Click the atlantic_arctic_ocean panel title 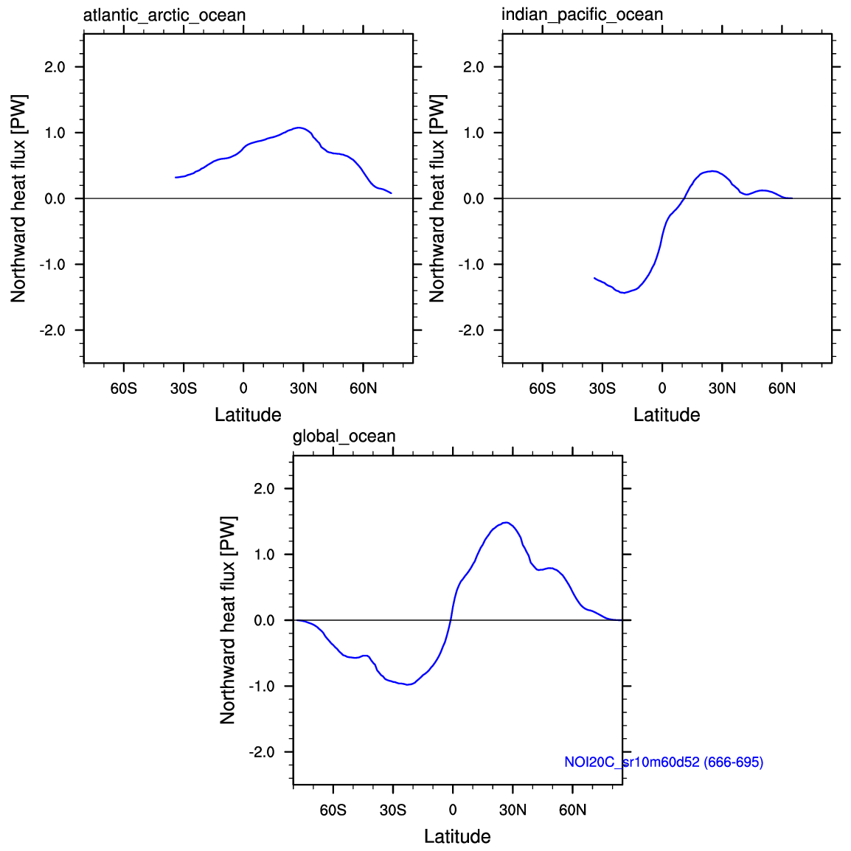tap(164, 15)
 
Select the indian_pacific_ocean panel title tap(582, 15)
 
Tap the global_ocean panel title tap(344, 437)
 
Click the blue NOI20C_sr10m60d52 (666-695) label tap(664, 762)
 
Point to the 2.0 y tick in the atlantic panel tap(55, 67)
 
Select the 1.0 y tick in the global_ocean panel tap(264, 555)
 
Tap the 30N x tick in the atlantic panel tap(303, 389)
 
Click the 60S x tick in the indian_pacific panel tap(542, 389)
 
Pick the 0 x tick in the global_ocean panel tap(453, 810)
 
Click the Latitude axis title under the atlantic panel tap(248, 415)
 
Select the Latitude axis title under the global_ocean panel tap(457, 836)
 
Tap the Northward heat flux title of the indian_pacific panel tap(437, 198)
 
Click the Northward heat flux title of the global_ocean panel tap(228, 620)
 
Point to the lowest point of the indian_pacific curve tap(624, 293)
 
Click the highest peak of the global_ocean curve tap(506, 522)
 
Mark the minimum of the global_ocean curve tap(408, 684)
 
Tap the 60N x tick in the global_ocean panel tap(573, 810)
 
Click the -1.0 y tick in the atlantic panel tap(52, 265)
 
